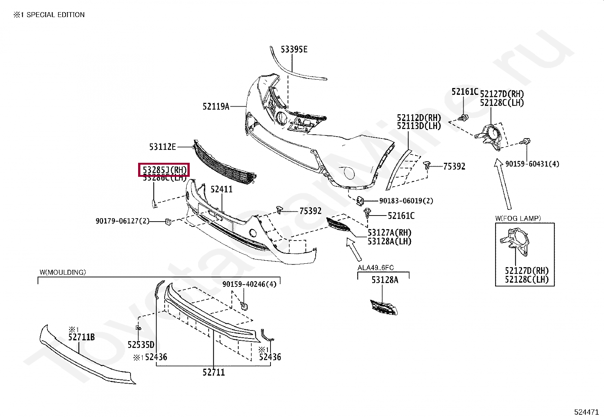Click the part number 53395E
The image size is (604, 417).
(294, 49)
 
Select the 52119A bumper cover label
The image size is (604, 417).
(216, 107)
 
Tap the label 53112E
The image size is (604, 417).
(162, 146)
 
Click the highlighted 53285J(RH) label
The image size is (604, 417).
(164, 170)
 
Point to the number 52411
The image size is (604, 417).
(222, 189)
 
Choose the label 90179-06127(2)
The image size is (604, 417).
(123, 221)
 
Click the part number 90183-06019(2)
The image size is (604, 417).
(406, 201)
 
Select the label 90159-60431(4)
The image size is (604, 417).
(532, 164)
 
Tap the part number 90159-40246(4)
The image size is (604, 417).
(249, 284)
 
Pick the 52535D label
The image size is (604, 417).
(141, 345)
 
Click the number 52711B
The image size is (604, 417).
(82, 337)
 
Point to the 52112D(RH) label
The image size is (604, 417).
(419, 118)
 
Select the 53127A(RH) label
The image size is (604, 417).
(389, 233)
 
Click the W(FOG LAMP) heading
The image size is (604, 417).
(518, 218)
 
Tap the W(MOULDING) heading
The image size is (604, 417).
(63, 272)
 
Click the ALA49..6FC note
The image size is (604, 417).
(376, 268)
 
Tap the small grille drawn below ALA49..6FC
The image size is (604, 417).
(384, 307)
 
